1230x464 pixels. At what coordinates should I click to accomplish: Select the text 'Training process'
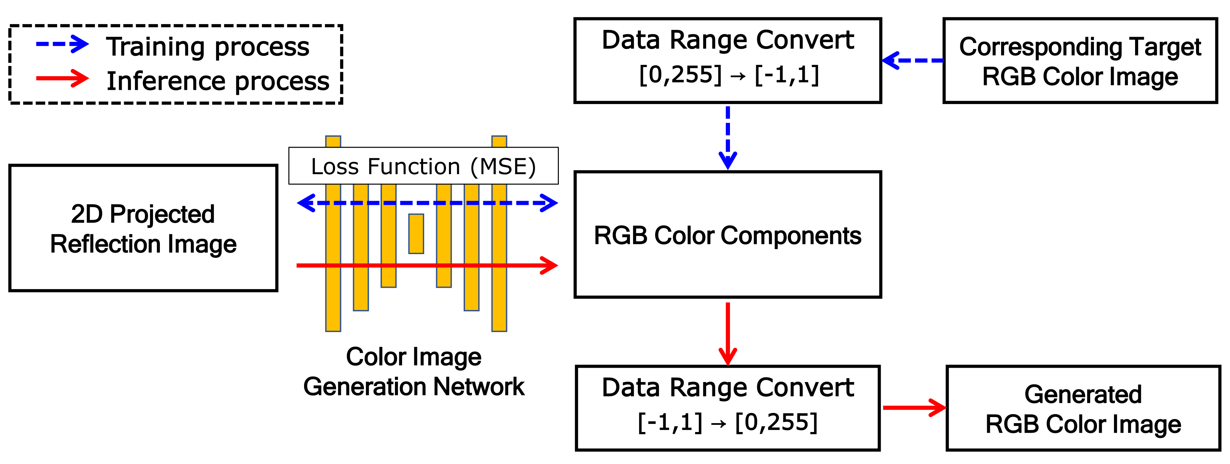click(208, 47)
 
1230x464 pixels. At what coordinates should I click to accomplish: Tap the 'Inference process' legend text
click(218, 81)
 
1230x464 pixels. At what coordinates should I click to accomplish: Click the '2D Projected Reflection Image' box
click(143, 228)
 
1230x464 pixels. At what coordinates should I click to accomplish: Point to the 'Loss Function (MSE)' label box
click(423, 166)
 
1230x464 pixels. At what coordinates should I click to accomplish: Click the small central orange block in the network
click(416, 234)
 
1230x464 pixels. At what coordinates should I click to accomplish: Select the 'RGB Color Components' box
click(727, 235)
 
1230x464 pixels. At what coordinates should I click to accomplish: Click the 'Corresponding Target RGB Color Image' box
click(1080, 61)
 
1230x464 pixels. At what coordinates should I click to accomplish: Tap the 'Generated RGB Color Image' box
click(1083, 409)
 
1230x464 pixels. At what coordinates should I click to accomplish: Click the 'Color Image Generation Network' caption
click(414, 371)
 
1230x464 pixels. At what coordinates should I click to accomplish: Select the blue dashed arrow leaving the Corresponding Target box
click(913, 61)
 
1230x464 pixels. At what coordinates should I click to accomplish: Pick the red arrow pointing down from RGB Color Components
click(728, 333)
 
